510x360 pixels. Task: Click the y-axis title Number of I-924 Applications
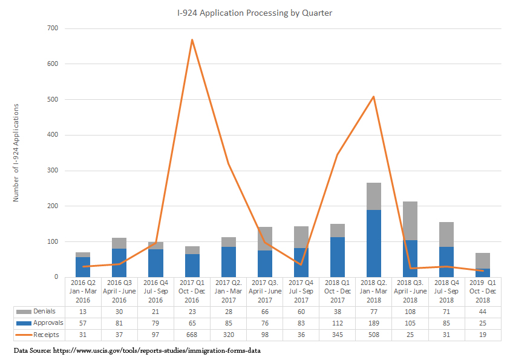point(16,152)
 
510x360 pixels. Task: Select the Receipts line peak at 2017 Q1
point(192,40)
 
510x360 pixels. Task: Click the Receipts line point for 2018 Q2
point(373,97)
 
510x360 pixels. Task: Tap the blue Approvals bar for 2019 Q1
point(482,272)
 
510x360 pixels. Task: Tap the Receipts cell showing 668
point(192,335)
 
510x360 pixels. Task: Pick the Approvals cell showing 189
point(373,323)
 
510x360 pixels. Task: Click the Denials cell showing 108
point(410,312)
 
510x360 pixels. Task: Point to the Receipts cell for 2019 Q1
point(482,335)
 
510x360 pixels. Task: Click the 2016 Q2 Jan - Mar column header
point(83,291)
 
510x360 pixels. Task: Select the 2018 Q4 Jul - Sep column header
point(446,291)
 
